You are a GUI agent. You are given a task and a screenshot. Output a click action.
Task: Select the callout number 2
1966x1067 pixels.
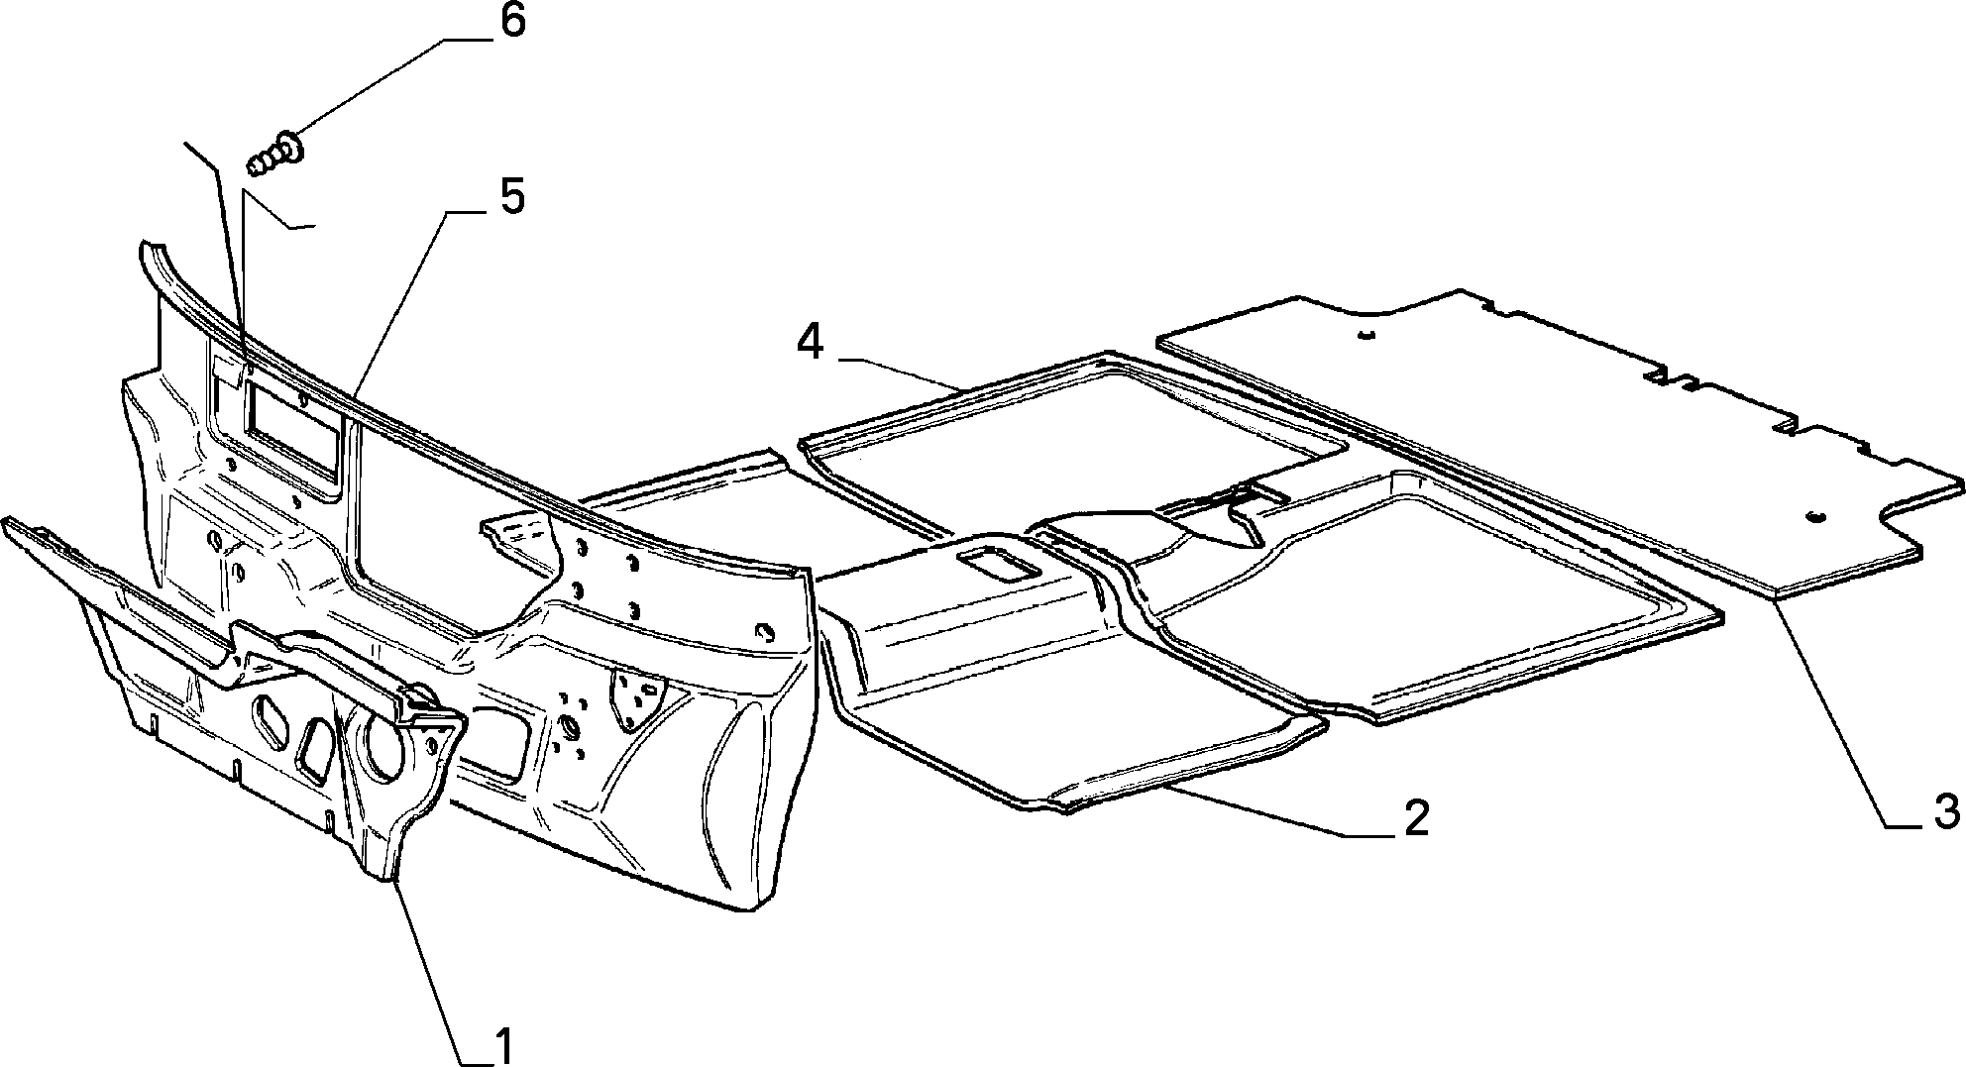coord(1414,817)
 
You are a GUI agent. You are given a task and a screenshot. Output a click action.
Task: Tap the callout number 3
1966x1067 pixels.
coord(1945,811)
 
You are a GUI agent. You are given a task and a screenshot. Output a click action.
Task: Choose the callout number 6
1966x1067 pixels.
coord(511,22)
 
